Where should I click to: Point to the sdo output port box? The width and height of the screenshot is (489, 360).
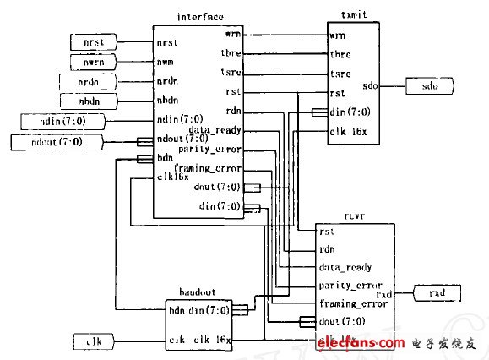point(430,85)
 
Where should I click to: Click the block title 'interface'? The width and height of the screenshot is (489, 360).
point(198,17)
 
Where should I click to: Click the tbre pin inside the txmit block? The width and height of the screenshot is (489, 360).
point(340,55)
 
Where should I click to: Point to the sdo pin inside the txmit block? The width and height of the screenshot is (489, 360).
point(369,85)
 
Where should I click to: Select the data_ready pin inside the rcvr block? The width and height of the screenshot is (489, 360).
point(345,267)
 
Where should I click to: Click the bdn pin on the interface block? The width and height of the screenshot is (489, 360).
point(165,159)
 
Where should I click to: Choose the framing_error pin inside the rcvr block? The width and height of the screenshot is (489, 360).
point(350,303)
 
